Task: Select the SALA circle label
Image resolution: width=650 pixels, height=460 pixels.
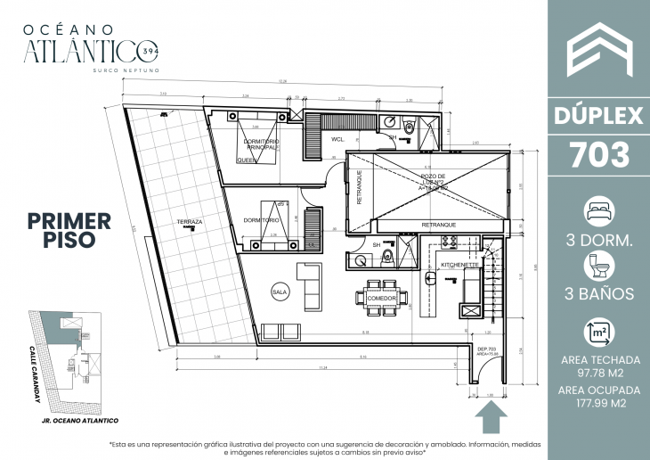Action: [x=279, y=291]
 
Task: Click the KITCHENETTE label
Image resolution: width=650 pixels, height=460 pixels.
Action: [x=459, y=266]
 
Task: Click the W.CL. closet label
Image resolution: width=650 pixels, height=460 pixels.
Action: [x=339, y=140]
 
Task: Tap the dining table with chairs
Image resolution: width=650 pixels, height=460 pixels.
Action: [x=381, y=296]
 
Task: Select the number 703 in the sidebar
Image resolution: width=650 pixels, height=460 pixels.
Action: [x=598, y=154]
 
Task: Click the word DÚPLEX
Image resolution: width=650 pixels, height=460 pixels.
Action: [x=598, y=115]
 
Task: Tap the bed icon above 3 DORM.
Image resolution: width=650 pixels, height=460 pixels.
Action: [x=598, y=212]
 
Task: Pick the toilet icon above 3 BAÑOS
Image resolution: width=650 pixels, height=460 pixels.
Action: [x=598, y=265]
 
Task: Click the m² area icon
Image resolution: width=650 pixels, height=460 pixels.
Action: [x=598, y=333]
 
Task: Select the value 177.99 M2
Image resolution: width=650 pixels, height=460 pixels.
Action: [x=598, y=404]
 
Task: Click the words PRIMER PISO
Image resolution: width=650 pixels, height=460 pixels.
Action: [x=69, y=229]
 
